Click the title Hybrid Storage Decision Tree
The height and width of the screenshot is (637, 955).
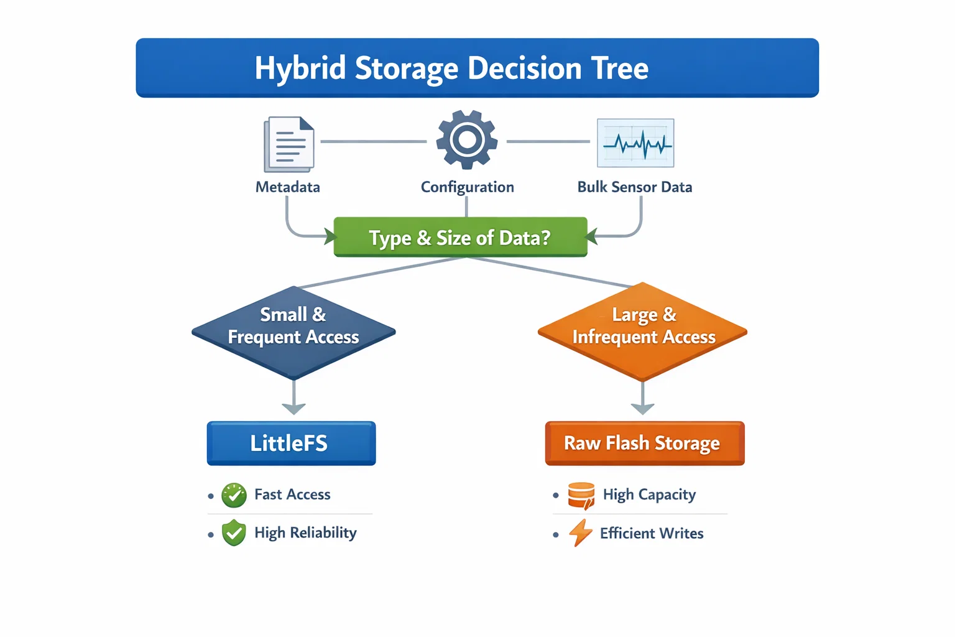tap(451, 68)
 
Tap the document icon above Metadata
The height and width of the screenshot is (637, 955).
tap(289, 144)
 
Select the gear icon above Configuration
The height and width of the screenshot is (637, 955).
tap(467, 140)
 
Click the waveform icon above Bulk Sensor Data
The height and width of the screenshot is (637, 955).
tap(635, 143)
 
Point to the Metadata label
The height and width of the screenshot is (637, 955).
tap(288, 187)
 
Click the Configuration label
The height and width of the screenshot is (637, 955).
tap(468, 187)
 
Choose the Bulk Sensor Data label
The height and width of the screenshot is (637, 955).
tap(635, 187)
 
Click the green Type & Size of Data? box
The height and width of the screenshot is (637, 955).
tap(460, 237)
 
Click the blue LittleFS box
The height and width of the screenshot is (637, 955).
tap(291, 444)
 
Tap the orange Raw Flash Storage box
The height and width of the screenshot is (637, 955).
tap(645, 444)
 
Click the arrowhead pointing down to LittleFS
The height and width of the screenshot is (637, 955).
tap(293, 407)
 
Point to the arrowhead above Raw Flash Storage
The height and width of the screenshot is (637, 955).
tap(643, 407)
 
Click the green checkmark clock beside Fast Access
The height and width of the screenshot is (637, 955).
tap(234, 495)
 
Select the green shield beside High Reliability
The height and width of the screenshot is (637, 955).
tap(234, 533)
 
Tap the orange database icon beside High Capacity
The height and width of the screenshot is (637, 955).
tap(582, 496)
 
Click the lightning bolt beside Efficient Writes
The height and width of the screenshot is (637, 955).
tap(581, 533)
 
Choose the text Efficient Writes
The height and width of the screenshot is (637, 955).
tap(652, 534)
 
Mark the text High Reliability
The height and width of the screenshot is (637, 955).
tap(305, 533)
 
